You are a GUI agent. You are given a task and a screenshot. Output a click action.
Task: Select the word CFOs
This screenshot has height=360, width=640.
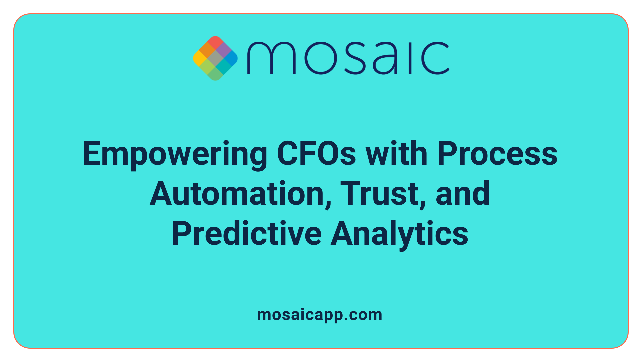(316, 154)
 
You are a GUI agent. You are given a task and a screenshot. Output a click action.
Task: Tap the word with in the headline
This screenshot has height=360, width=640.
(397, 154)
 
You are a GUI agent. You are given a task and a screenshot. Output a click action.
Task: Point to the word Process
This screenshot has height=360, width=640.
(497, 154)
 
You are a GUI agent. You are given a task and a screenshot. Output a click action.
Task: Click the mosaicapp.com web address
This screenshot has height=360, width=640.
(320, 315)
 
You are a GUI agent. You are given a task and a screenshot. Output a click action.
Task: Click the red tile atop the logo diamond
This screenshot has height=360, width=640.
(215, 42)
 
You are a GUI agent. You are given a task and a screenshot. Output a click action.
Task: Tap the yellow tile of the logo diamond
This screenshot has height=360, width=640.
(199, 58)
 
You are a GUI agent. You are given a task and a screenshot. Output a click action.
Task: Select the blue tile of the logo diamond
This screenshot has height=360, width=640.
(231, 58)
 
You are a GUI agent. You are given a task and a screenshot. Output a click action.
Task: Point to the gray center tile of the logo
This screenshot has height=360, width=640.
(215, 58)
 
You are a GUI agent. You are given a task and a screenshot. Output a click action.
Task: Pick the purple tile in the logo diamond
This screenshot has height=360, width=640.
(223, 50)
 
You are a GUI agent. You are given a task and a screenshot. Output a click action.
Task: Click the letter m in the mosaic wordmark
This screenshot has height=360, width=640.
(271, 58)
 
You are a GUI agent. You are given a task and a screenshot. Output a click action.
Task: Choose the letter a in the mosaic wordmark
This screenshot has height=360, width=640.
(385, 58)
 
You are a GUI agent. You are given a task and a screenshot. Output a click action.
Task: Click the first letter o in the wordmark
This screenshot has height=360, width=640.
(320, 58)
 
